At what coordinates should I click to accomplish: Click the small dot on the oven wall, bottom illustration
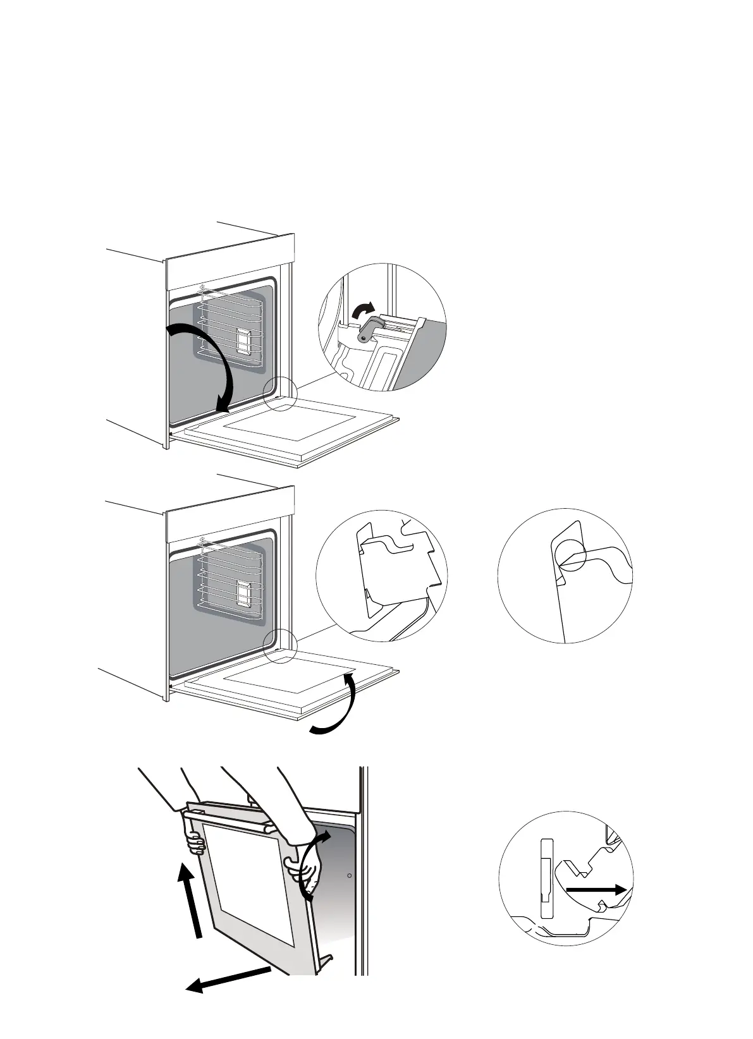pyautogui.click(x=350, y=876)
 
